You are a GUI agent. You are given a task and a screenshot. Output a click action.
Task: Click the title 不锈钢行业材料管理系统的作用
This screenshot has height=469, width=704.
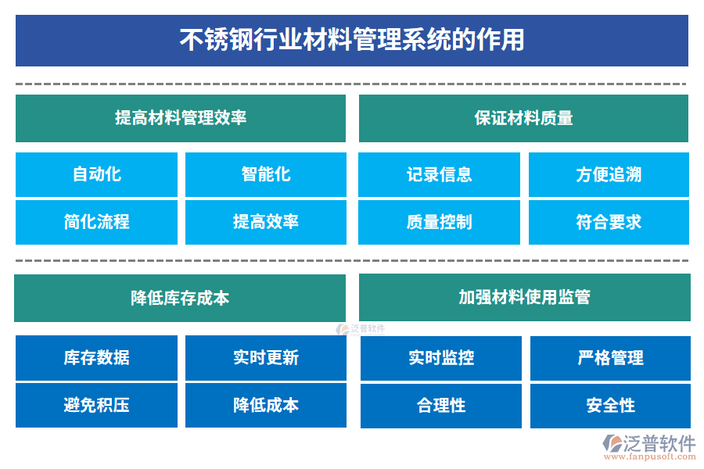click(x=352, y=40)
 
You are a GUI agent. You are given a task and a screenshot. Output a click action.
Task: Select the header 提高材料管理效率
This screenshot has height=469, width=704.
click(x=181, y=118)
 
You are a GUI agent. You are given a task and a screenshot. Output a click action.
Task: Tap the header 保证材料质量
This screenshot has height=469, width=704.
click(x=523, y=118)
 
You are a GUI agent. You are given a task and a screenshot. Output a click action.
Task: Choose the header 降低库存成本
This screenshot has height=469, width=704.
click(x=180, y=298)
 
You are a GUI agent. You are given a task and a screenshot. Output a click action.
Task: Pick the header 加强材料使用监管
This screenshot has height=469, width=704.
click(x=524, y=297)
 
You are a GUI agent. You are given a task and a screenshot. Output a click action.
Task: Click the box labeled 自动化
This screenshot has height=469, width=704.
click(x=96, y=174)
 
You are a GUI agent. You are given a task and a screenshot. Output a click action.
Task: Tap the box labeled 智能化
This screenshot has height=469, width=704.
click(x=265, y=174)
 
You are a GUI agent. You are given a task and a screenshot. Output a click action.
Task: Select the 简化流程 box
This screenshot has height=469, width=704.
click(x=96, y=222)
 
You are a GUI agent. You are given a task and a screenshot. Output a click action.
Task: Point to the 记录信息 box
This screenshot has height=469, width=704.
click(x=439, y=174)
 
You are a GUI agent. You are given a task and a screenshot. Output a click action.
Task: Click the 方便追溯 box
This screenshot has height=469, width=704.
click(x=609, y=174)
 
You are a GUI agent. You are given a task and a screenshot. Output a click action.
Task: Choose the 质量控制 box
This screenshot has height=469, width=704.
click(x=439, y=222)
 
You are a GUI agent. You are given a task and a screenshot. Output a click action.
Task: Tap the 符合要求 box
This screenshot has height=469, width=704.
click(x=609, y=222)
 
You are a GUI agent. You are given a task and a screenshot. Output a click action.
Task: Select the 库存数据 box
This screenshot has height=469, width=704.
click(x=96, y=358)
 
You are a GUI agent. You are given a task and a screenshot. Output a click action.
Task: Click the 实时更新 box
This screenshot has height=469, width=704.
click(x=265, y=358)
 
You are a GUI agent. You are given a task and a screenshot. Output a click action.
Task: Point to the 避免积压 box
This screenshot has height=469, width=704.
click(x=96, y=405)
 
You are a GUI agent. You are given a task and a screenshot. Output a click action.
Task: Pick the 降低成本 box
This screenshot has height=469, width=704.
click(x=265, y=405)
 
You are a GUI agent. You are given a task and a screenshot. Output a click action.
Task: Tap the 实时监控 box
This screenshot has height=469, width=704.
click(x=440, y=358)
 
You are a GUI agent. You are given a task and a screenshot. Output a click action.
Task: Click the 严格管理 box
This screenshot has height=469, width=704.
click(x=610, y=358)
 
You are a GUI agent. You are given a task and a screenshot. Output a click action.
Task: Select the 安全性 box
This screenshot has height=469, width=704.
click(x=610, y=406)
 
